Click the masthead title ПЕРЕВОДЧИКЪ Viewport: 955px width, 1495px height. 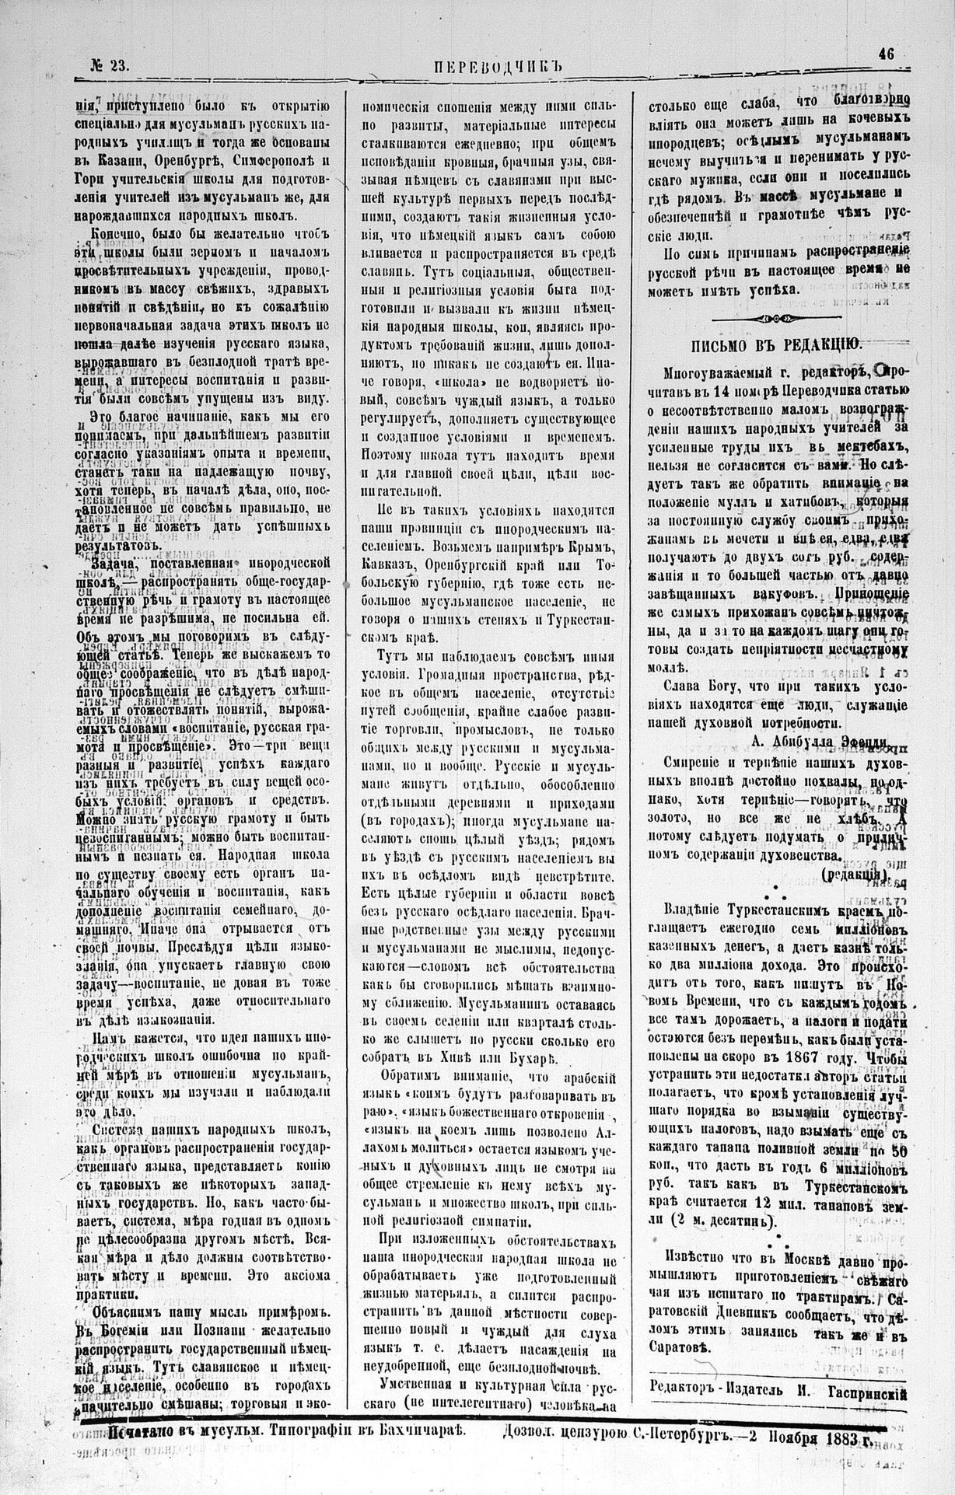click(495, 66)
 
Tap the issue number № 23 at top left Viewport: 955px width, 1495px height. click(107, 67)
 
